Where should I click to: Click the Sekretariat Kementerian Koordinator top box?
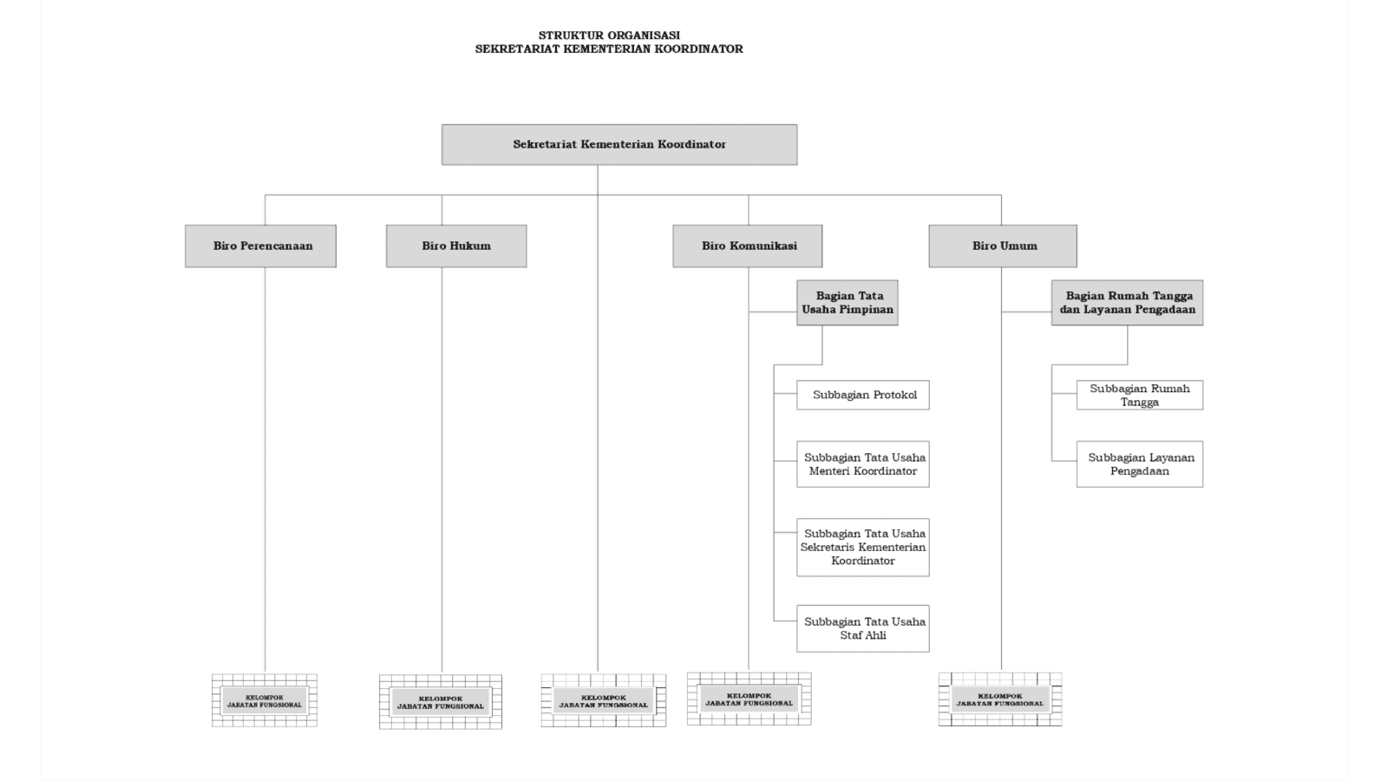(x=619, y=144)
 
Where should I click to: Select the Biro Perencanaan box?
(x=260, y=246)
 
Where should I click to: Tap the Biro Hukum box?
(x=456, y=246)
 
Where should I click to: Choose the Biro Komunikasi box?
(x=748, y=246)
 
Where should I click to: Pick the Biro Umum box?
(x=1003, y=246)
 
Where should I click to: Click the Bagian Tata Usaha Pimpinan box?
(x=848, y=302)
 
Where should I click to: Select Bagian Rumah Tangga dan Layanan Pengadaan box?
(x=1127, y=302)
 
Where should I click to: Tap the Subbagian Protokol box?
(x=863, y=395)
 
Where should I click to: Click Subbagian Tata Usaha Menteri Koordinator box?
(x=863, y=464)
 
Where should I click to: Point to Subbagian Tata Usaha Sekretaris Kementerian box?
(x=863, y=547)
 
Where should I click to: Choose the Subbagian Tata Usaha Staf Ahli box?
(x=863, y=628)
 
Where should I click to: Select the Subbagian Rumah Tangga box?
(x=1140, y=395)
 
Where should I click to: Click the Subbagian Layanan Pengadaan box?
(x=1140, y=464)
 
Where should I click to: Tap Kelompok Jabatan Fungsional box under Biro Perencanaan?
(x=265, y=700)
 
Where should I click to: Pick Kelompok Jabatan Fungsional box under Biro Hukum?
(x=441, y=702)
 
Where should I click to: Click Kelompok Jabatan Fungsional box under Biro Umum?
(x=1000, y=699)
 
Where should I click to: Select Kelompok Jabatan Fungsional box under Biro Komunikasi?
(x=749, y=699)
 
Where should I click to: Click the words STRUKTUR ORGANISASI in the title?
(x=609, y=36)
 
